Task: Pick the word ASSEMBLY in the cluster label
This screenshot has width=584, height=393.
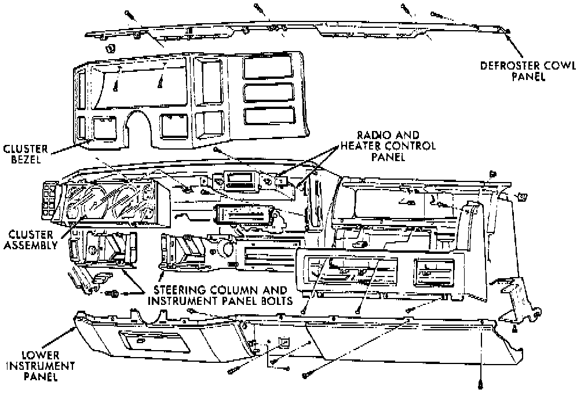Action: (30, 245)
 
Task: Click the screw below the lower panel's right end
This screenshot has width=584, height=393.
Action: (480, 383)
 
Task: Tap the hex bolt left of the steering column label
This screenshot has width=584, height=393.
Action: (114, 294)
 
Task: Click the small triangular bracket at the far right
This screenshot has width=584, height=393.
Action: (514, 329)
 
